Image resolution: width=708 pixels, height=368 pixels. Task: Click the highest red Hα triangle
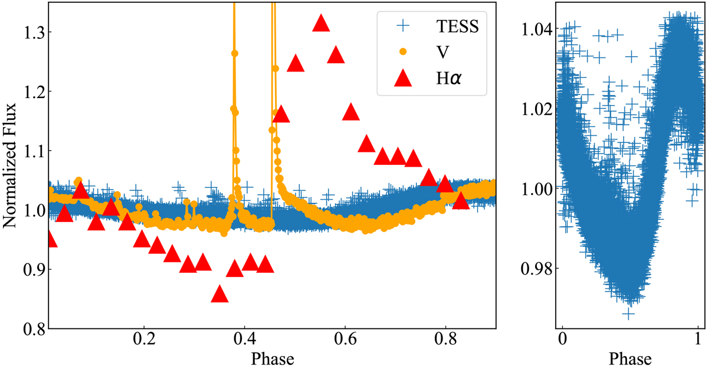point(321,23)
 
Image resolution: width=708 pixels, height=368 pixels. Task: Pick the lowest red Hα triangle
point(219,294)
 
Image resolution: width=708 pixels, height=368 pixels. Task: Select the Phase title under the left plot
point(273,359)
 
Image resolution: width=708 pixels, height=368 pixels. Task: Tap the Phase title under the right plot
point(630,359)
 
